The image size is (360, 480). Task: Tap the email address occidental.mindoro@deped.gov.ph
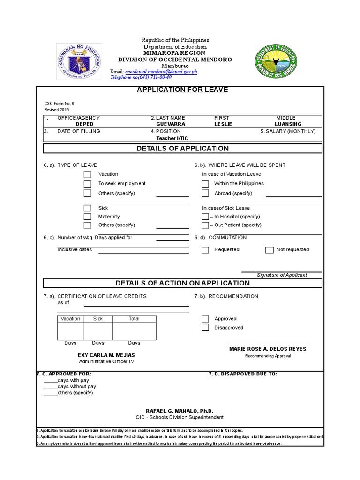[x=161, y=71]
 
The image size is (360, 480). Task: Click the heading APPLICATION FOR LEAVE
[x=182, y=90]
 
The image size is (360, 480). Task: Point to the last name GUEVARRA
[x=171, y=124]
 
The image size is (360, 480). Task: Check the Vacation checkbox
[x=88, y=174]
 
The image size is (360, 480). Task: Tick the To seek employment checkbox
[x=88, y=184]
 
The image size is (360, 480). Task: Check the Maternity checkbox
[x=88, y=217]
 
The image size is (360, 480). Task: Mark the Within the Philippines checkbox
[x=205, y=184]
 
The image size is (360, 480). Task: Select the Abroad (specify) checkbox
[x=205, y=193]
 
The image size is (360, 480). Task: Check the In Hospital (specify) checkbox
[x=205, y=217]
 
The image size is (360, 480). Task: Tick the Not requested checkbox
[x=269, y=250]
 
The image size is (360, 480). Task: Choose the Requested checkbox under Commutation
[x=205, y=250]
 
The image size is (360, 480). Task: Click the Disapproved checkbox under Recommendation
[x=205, y=328]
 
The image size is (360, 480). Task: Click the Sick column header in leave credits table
[x=98, y=319]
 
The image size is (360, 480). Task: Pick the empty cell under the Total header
[x=135, y=330]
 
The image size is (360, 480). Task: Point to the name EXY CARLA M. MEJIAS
[x=106, y=355]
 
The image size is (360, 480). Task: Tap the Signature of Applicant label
[x=282, y=275]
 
